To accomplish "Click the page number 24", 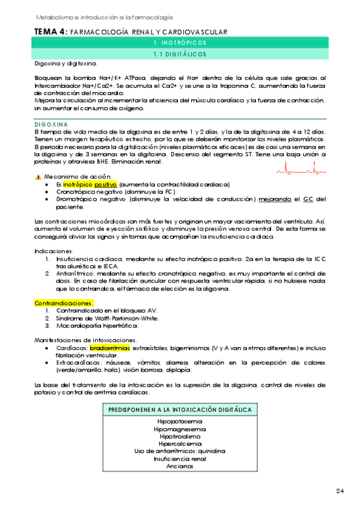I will tap(340, 491).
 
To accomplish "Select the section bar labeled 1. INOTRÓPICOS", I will tap(180, 43).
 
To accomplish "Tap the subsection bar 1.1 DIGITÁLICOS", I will tap(180, 54).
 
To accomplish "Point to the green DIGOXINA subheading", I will tap(51, 124).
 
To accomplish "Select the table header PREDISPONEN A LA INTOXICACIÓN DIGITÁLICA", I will tap(180, 410).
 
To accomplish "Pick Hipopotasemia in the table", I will tap(180, 421).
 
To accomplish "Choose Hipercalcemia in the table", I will tap(180, 443).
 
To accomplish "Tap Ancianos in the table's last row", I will tap(180, 465).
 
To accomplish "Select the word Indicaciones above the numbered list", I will tap(53, 251).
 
